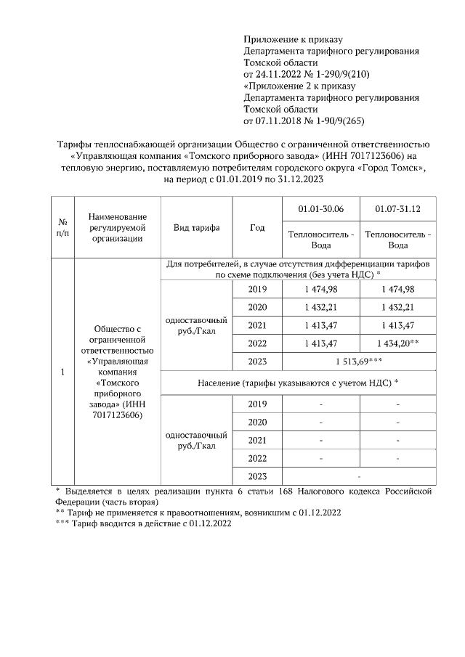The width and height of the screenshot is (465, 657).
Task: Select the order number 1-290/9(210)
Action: click(x=340, y=74)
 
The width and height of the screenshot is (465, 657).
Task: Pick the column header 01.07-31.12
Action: click(x=397, y=209)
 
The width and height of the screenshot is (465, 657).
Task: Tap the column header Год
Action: click(x=257, y=227)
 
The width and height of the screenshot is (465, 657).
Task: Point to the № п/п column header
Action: click(x=63, y=227)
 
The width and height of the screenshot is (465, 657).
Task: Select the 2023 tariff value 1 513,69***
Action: click(x=359, y=360)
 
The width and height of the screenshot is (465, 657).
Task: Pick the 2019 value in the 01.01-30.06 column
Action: click(x=320, y=289)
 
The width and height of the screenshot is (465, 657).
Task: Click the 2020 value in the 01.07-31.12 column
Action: click(x=397, y=307)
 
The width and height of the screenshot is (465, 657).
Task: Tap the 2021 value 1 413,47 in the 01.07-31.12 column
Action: click(x=397, y=325)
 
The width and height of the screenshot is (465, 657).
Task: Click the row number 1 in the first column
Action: click(x=63, y=372)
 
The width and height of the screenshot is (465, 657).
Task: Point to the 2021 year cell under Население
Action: click(x=257, y=440)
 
